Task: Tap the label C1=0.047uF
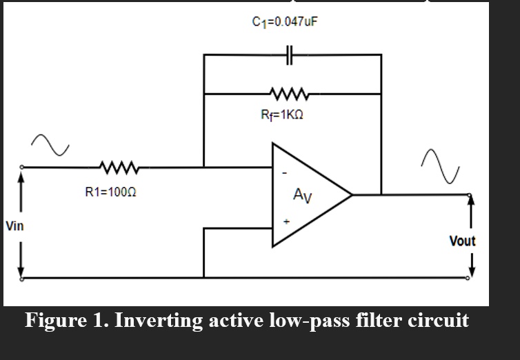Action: point(286,21)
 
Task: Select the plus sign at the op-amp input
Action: point(285,222)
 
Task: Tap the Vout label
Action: point(462,241)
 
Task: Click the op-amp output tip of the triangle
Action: point(352,195)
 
